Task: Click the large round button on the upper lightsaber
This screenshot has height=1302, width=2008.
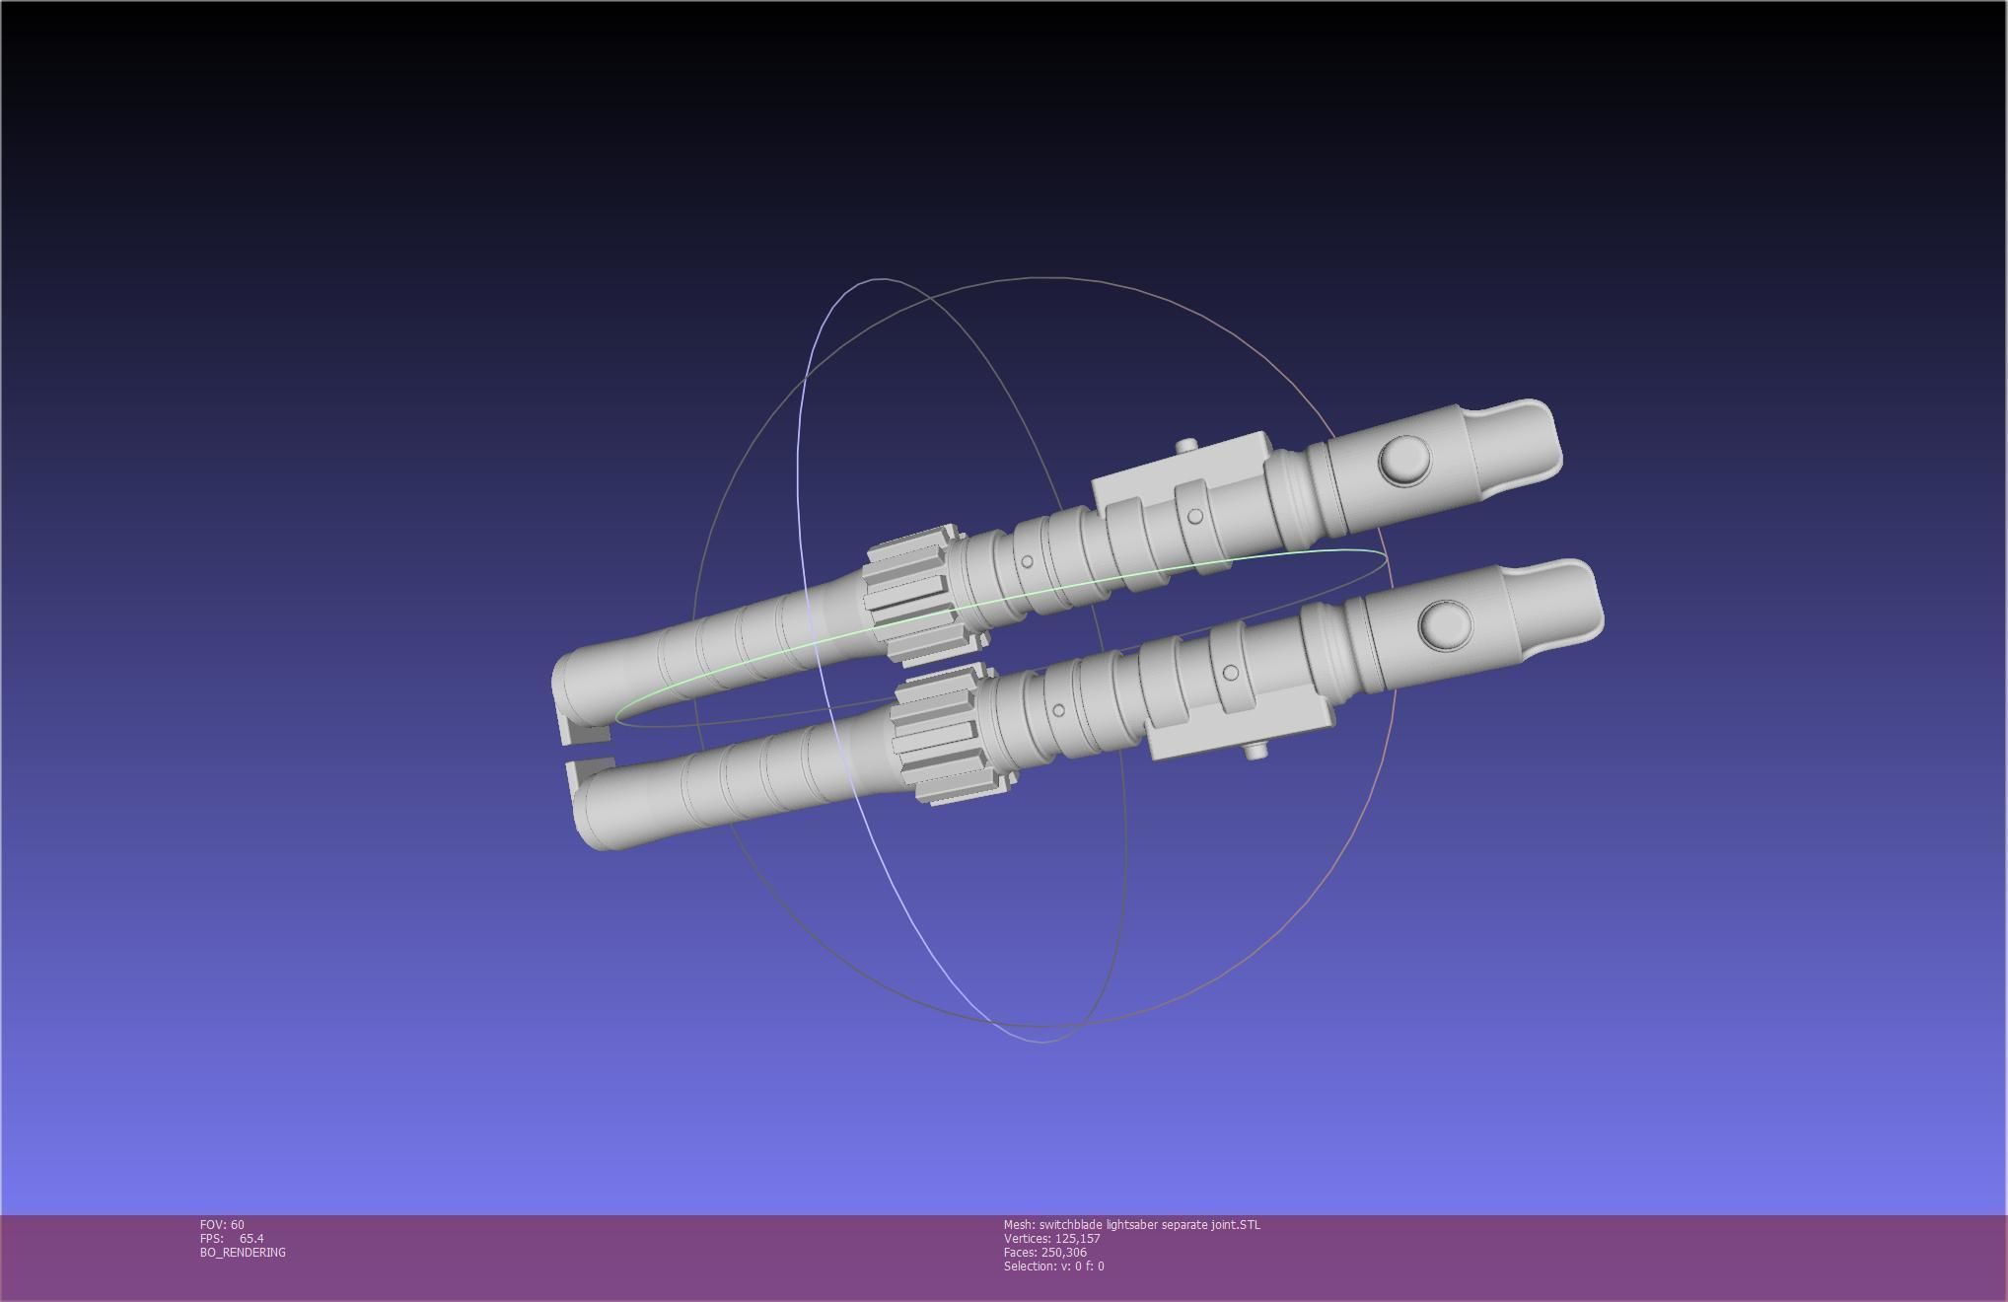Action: coord(1404,459)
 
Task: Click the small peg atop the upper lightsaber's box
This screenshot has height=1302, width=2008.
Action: coord(1186,446)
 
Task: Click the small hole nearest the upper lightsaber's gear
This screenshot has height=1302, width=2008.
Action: coord(1027,561)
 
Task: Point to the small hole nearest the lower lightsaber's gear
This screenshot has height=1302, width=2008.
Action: coord(1058,709)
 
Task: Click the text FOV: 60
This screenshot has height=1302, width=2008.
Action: coord(222,1225)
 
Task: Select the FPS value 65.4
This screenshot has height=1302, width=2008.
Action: coord(251,1239)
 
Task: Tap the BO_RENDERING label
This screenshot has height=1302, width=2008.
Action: coord(243,1253)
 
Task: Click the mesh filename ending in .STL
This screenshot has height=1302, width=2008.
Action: coord(1131,1225)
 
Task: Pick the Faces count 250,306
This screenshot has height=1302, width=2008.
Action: coord(1063,1253)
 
